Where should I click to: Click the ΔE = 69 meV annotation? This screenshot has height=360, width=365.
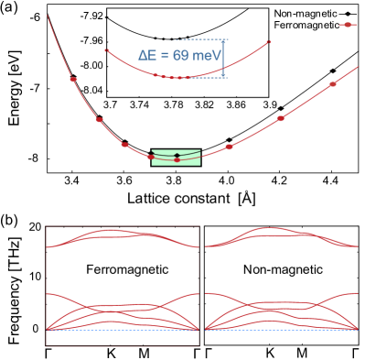(x=180, y=56)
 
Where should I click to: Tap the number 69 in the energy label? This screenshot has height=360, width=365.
(x=179, y=56)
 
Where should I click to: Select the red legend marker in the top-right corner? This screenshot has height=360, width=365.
(x=348, y=25)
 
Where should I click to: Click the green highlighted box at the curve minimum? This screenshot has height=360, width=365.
(x=176, y=158)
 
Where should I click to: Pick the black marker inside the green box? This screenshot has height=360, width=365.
(x=177, y=154)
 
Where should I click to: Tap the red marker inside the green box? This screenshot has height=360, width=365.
(x=177, y=160)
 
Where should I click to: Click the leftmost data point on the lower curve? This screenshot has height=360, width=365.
(x=73, y=80)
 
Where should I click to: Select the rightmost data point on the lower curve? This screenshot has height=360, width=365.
(x=332, y=84)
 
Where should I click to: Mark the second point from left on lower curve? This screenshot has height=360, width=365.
(x=100, y=120)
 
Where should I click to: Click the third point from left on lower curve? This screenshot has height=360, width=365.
(x=125, y=145)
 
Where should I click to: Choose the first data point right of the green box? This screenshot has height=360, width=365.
(x=229, y=147)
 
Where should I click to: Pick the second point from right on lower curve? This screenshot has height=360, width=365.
(x=281, y=118)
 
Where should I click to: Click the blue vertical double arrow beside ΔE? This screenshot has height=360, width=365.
(x=223, y=58)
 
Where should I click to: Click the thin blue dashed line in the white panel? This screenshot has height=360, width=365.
(x=123, y=331)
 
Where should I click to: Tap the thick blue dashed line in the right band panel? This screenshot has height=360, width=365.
(x=282, y=329)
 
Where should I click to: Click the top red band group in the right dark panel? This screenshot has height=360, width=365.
(x=282, y=235)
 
